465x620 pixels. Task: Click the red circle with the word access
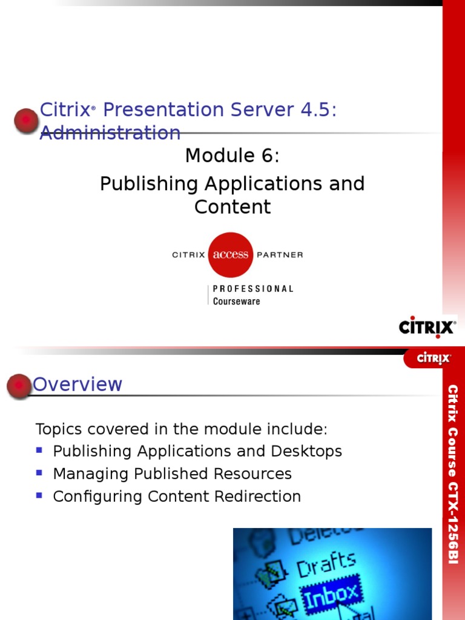coord(230,254)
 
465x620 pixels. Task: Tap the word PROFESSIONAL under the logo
coord(253,289)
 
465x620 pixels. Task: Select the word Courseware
coord(236,301)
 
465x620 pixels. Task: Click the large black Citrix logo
coord(427,327)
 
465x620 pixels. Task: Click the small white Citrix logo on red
coord(434,358)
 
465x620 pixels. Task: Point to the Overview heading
coord(77,384)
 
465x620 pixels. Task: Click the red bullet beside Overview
coord(19,386)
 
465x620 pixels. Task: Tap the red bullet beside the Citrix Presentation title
coord(26,120)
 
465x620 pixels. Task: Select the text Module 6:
coord(232,156)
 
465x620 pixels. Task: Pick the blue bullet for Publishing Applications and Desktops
coord(40,450)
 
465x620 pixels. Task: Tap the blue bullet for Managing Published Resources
coord(40,473)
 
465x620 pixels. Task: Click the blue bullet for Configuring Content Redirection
coord(40,495)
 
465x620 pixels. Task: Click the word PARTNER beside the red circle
coord(280,255)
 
